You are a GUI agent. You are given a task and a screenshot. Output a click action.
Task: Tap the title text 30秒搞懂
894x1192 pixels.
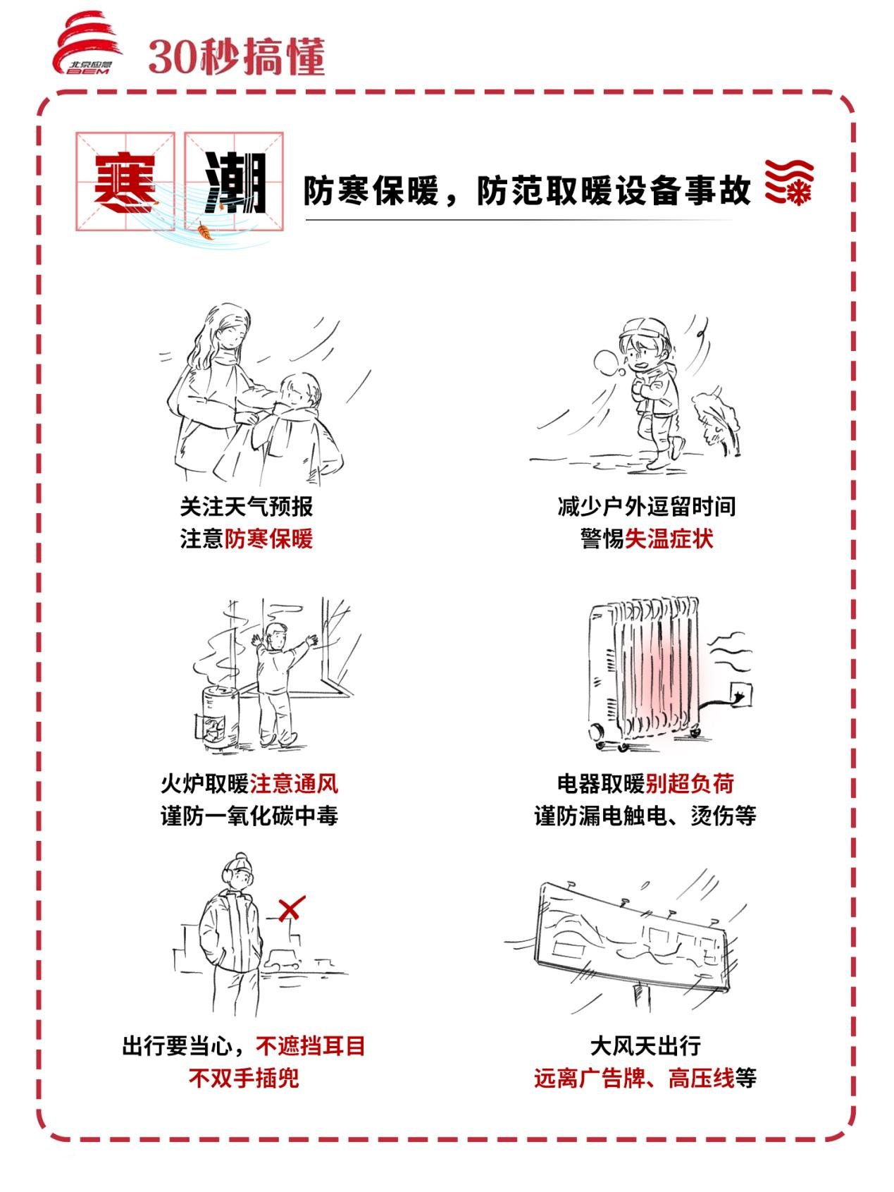coord(237,56)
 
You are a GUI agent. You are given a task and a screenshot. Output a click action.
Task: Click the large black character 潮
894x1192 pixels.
coord(234,183)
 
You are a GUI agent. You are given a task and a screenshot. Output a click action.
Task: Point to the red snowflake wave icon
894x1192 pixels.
coord(788,182)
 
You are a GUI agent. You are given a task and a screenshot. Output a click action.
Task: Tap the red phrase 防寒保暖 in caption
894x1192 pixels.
coord(268,539)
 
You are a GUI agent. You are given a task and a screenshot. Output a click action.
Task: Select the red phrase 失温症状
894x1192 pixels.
coord(669,539)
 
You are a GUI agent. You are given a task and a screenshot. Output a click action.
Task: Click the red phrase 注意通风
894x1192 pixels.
coord(294,783)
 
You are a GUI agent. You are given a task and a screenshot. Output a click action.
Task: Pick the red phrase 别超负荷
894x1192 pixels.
coord(690,783)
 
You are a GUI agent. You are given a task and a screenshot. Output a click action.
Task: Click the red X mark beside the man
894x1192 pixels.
coord(290,909)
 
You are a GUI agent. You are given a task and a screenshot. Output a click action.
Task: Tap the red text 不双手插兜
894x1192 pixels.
coord(244,1079)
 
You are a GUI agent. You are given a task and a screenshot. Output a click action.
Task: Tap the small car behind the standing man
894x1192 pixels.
coord(283,959)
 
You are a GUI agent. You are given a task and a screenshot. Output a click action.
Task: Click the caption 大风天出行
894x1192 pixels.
coord(645,1046)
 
